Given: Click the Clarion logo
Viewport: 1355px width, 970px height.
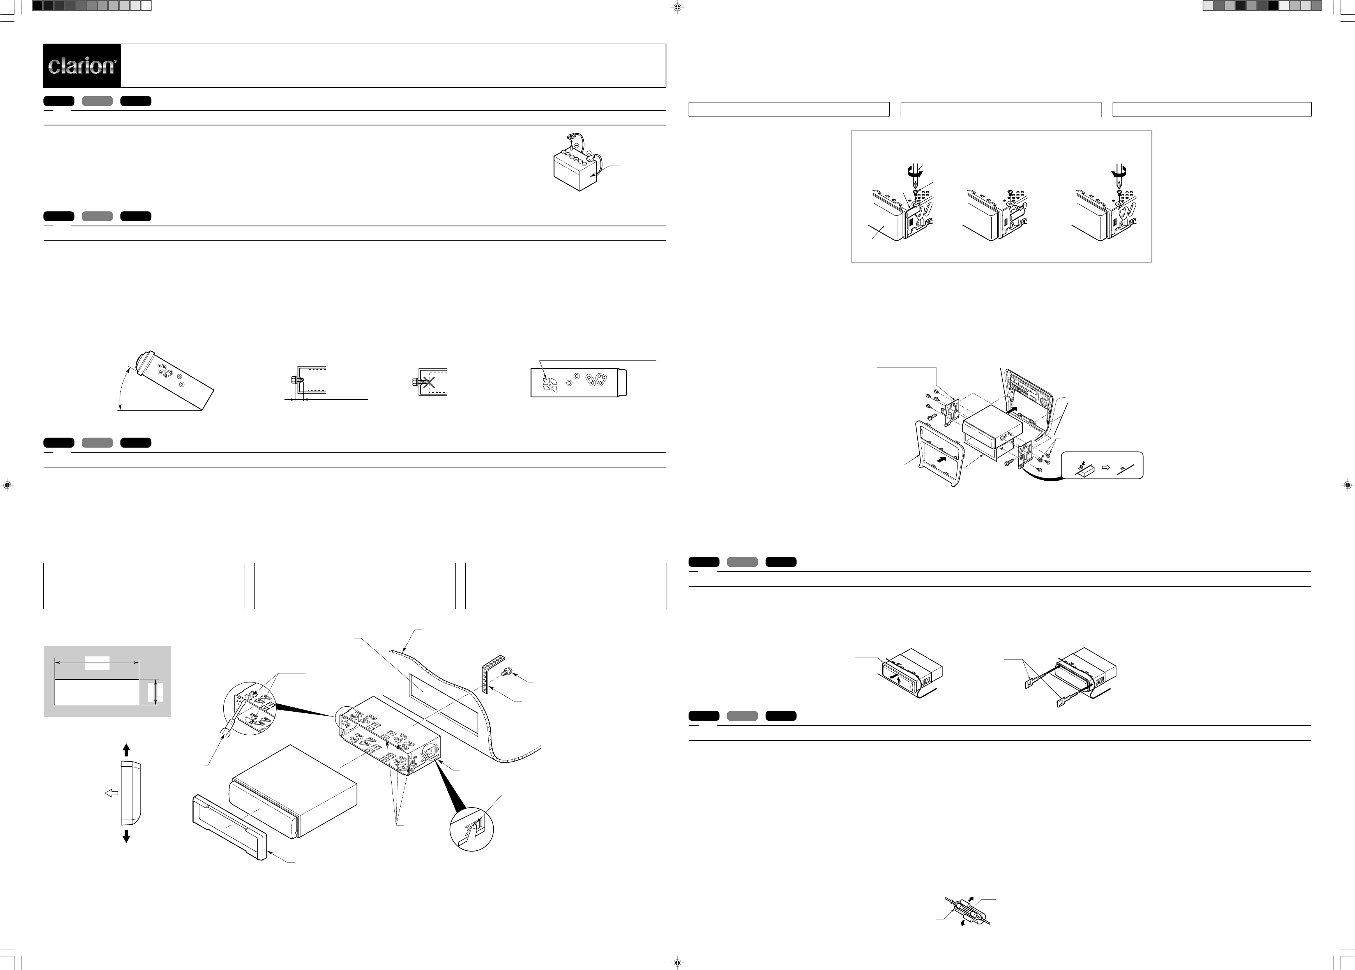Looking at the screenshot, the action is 82,66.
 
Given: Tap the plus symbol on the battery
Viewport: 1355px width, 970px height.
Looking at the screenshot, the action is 589,153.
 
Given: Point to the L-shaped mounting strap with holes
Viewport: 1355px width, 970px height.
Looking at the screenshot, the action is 490,672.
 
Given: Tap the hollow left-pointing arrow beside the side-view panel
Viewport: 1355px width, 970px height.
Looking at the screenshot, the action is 112,793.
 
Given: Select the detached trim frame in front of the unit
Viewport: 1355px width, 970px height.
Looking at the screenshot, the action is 230,827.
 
